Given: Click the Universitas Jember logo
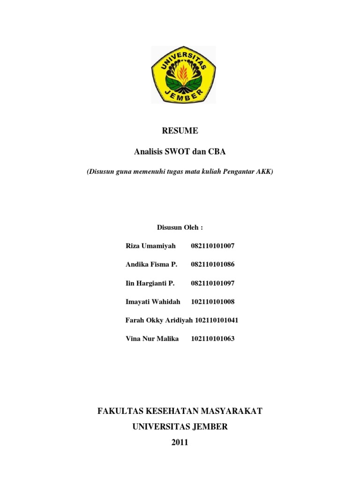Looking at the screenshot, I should [x=183, y=75].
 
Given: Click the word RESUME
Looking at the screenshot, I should [x=180, y=131].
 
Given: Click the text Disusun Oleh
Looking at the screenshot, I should [x=180, y=227].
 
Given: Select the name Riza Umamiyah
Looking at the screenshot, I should [x=150, y=246].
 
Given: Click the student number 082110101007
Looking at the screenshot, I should [x=212, y=246].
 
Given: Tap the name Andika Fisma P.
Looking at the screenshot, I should [x=151, y=264].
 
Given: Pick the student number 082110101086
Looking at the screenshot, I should [x=212, y=264].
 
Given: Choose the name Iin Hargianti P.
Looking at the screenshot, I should [x=150, y=283].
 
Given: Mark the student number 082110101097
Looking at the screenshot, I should [x=212, y=283].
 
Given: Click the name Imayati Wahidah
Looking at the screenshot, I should [x=153, y=301].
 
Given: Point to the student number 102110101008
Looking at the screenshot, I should [x=212, y=301].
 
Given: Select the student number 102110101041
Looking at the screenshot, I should [x=217, y=320].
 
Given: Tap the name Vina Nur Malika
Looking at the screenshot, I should [x=152, y=338].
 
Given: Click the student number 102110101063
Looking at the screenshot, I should [x=212, y=338].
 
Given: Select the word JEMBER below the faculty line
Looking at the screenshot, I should [x=207, y=427].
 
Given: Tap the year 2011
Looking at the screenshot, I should [x=180, y=442].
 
